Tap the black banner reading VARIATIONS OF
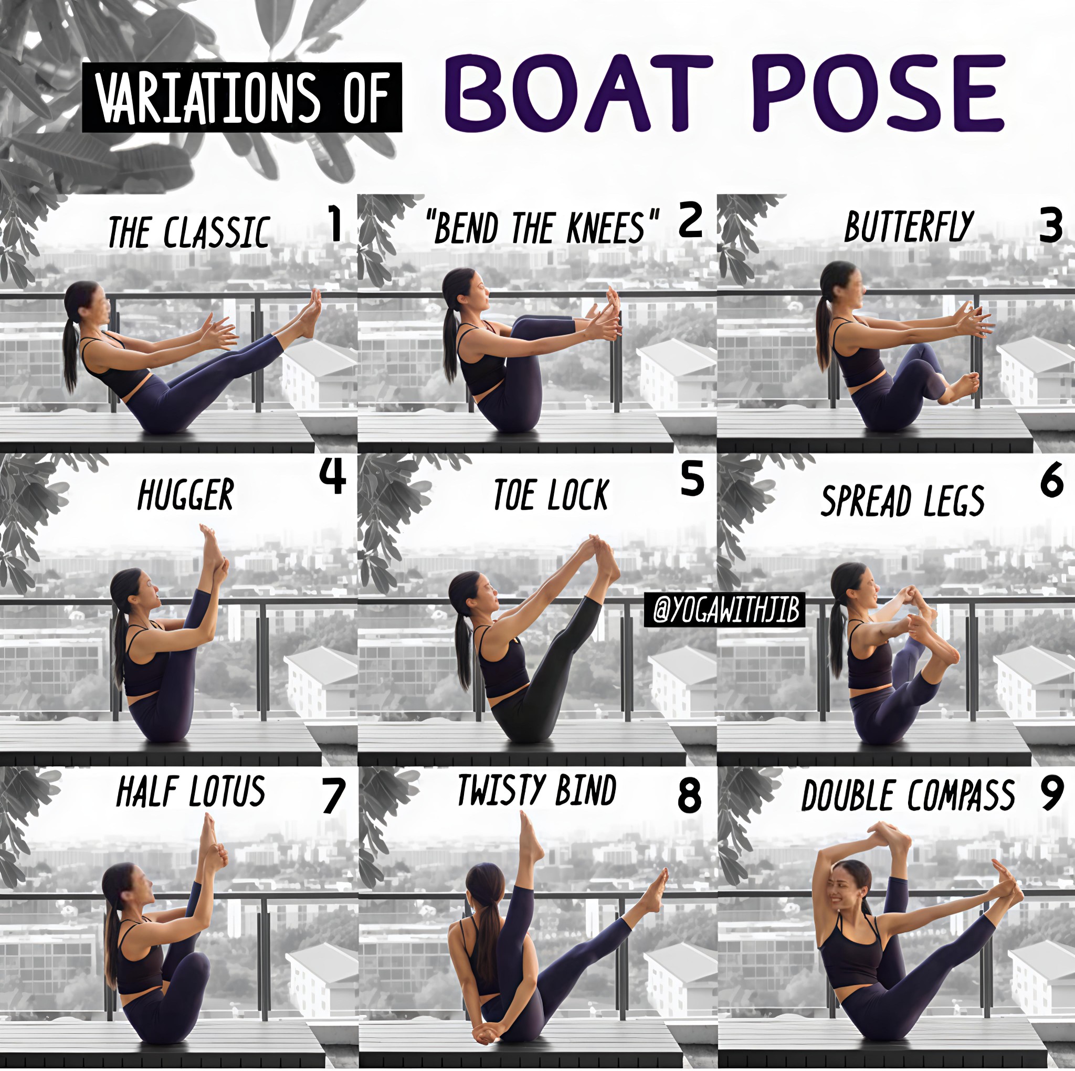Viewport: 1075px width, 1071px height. (242, 98)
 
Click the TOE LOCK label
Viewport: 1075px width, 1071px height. (551, 494)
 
